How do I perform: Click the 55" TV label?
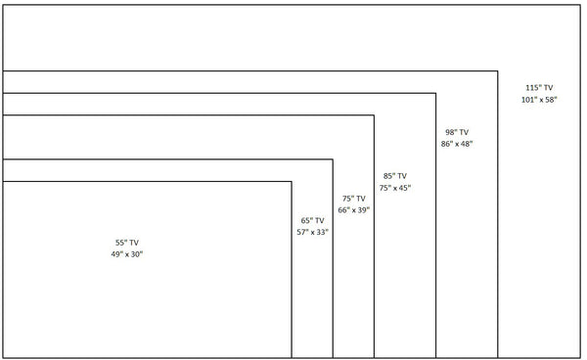(x=127, y=242)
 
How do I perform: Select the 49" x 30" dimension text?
(x=127, y=254)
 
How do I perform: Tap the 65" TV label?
(x=313, y=220)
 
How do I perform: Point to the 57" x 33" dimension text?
(x=313, y=233)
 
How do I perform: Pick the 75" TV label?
(x=354, y=198)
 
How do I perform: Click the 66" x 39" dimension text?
(x=354, y=210)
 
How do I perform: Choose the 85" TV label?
(x=395, y=176)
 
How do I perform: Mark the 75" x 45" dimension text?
(x=395, y=188)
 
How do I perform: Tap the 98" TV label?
(x=457, y=131)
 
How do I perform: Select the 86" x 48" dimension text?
(x=457, y=144)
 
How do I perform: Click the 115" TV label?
(x=539, y=88)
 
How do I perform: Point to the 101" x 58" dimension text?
(x=539, y=101)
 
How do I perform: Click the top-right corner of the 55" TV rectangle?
(x=292, y=181)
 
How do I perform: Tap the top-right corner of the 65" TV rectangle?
(x=333, y=158)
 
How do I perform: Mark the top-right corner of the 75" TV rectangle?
(x=374, y=115)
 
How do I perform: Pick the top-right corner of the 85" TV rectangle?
(x=436, y=93)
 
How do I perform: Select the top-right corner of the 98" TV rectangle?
(x=498, y=71)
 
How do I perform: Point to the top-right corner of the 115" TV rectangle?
(x=580, y=6)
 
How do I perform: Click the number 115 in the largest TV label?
(x=531, y=88)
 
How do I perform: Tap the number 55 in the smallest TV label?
(x=120, y=242)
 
